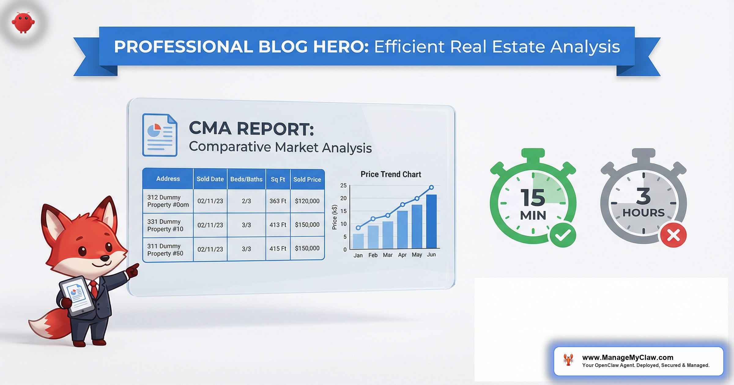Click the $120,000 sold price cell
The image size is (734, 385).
307,201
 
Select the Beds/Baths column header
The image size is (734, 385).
246,179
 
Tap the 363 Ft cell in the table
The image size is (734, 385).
278,201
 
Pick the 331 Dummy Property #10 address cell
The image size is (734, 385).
165,225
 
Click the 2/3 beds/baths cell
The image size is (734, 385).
246,201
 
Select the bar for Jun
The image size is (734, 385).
431,221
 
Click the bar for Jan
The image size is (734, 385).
358,241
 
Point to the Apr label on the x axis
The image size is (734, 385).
402,255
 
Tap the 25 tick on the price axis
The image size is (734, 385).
343,185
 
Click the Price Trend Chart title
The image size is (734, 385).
391,174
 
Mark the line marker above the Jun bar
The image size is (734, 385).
431,187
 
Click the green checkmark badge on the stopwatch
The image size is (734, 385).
563,235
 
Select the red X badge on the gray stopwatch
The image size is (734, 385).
673,235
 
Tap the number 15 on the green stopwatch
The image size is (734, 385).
533,198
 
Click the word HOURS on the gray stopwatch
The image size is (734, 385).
643,213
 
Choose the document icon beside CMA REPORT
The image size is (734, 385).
160,135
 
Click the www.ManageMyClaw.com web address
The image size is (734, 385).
628,358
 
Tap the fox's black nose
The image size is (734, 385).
105,258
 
